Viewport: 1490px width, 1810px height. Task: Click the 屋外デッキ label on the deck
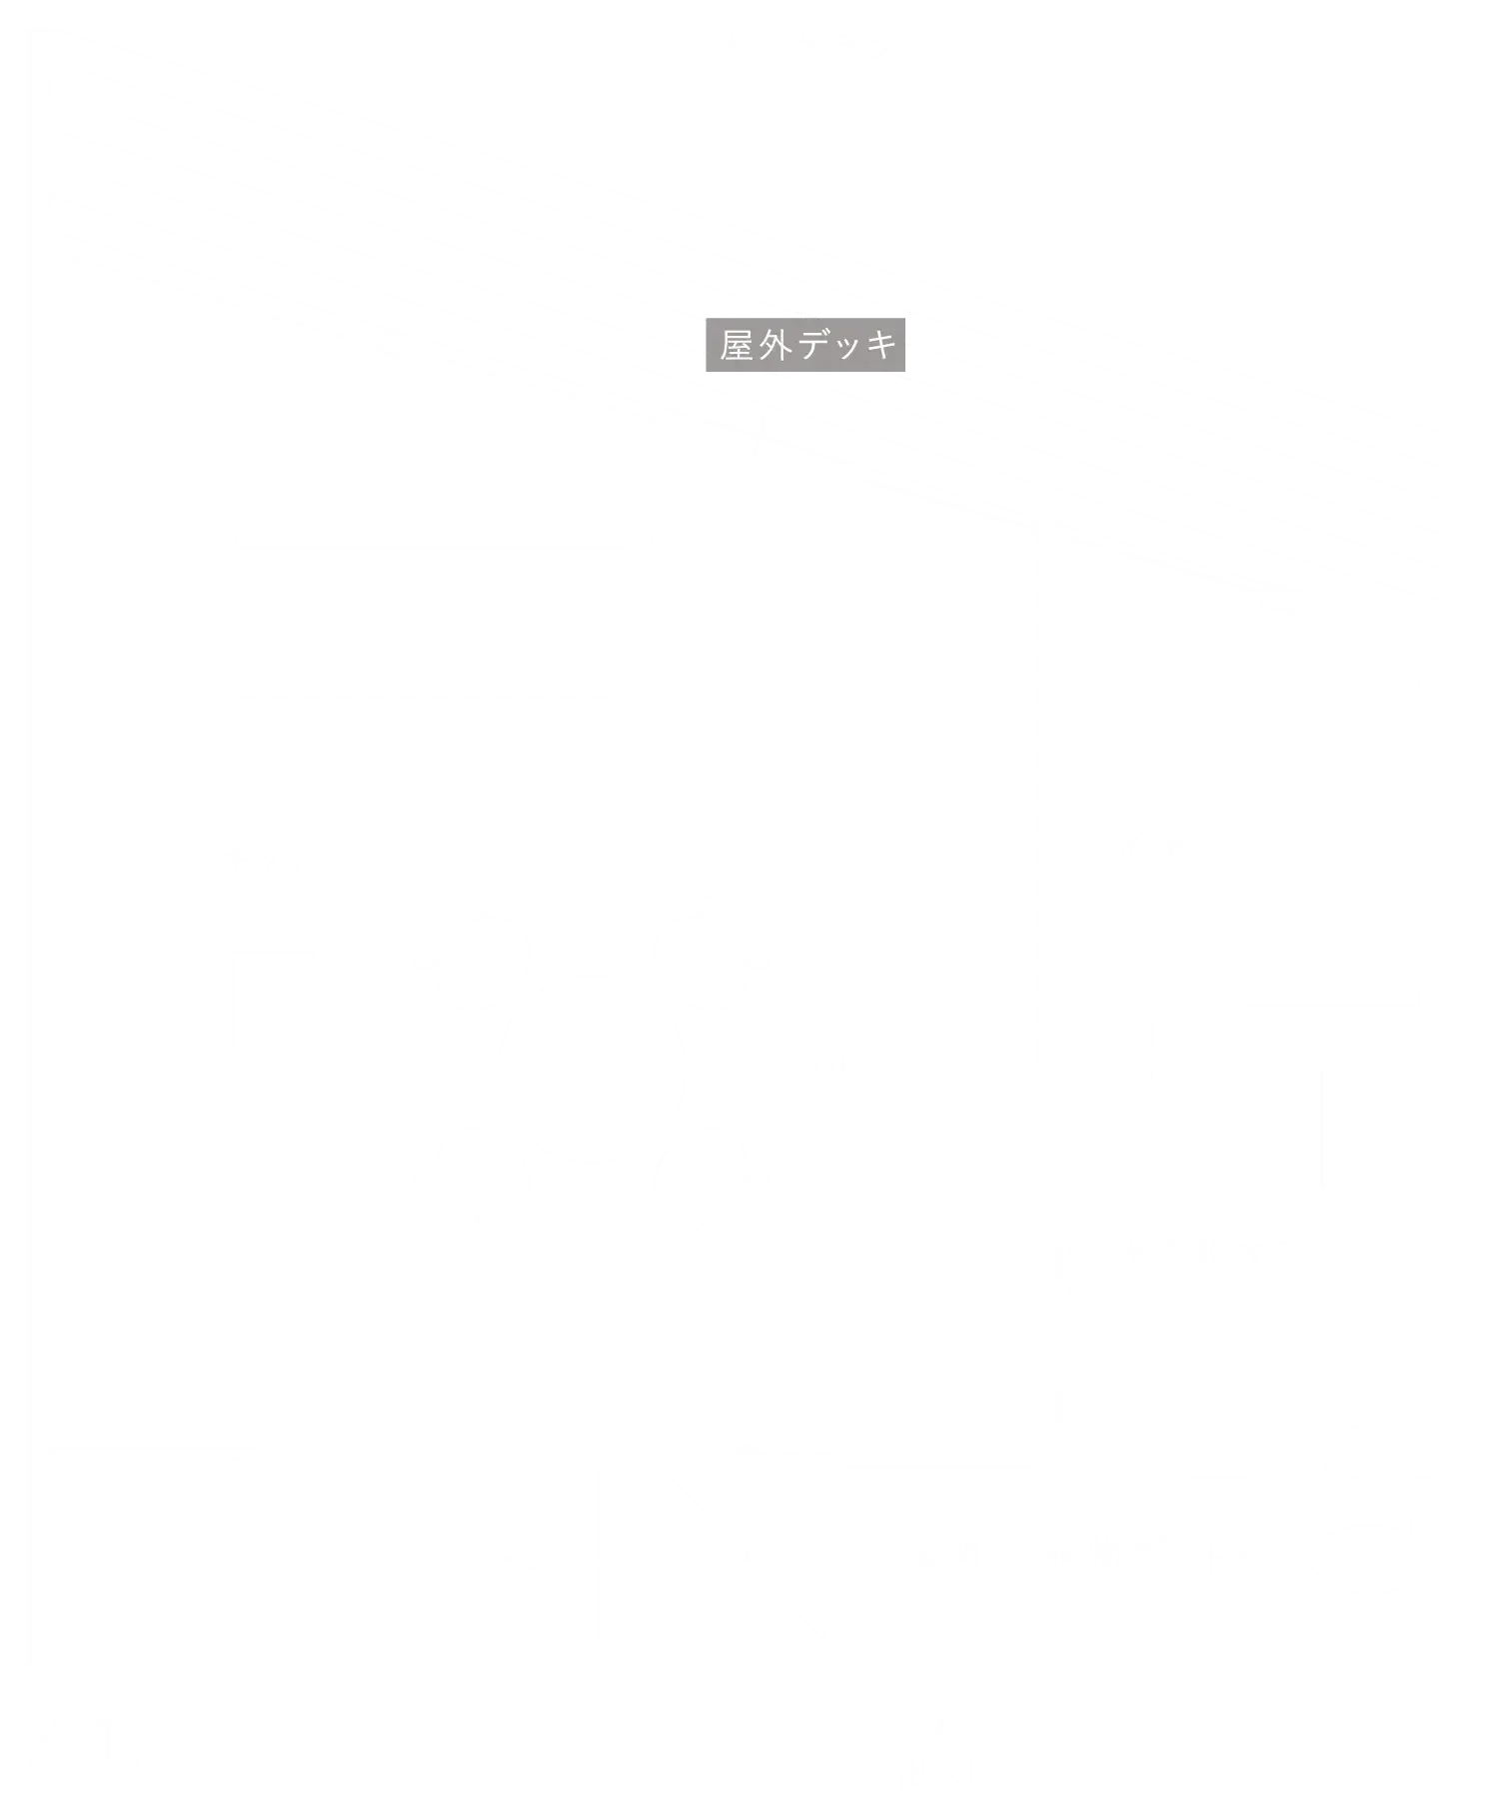(807, 345)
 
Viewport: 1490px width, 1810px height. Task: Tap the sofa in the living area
(431, 622)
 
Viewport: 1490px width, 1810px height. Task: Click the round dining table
(592, 1067)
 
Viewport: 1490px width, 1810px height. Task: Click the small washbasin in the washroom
(1390, 1375)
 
